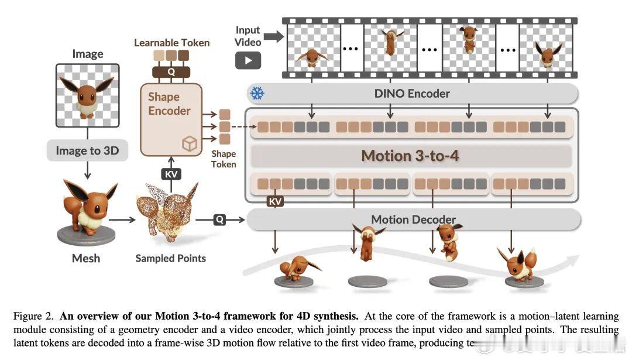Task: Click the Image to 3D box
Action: coord(87,150)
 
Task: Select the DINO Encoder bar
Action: coord(411,93)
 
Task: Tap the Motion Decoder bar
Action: coord(413,220)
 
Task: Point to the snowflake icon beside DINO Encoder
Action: coord(257,93)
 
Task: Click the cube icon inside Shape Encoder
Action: coord(190,145)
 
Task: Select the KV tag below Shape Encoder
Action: coord(171,174)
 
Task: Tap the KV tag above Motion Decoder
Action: coord(275,201)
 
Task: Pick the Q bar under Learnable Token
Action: coord(171,71)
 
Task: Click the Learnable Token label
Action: coord(171,43)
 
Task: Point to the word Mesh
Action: coord(86,258)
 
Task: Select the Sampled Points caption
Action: coord(170,258)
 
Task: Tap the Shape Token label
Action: coord(224,159)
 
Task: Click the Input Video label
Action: coord(248,36)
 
